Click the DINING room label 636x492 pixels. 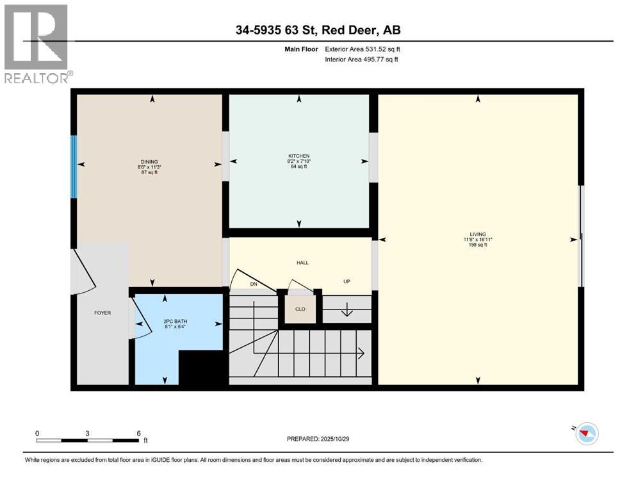(x=149, y=161)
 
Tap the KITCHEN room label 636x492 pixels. (x=298, y=156)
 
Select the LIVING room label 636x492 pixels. (x=478, y=234)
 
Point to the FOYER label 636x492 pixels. (x=102, y=313)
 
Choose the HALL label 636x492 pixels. (x=303, y=263)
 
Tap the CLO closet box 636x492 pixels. (x=300, y=309)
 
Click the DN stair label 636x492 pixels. (x=254, y=283)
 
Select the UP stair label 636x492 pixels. (x=347, y=282)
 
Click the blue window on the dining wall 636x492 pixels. (x=74, y=166)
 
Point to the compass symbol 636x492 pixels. (x=585, y=434)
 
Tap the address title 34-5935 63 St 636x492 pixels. (x=318, y=30)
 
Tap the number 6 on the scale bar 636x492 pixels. (x=138, y=434)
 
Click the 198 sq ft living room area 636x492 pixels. (x=478, y=245)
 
